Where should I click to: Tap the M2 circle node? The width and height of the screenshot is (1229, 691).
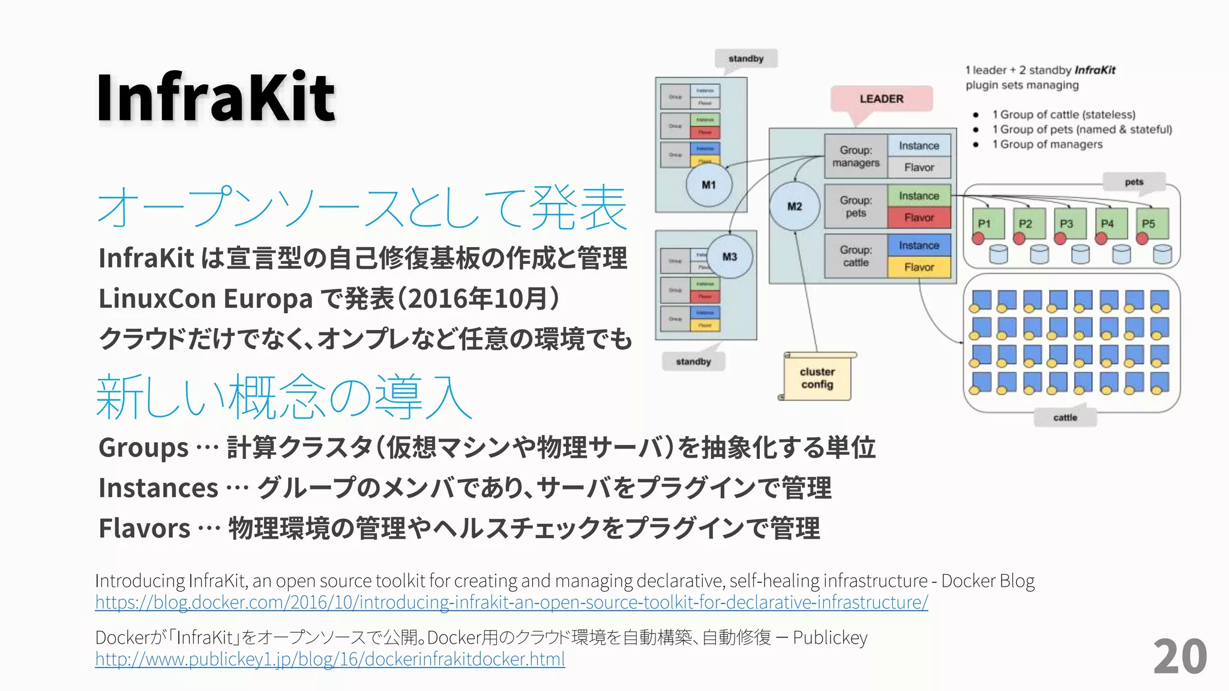pos(795,206)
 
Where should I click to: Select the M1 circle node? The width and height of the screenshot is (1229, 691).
pos(709,185)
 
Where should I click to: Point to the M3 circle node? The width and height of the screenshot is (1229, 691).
pos(729,257)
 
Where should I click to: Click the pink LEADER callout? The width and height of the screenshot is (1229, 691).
pos(881,99)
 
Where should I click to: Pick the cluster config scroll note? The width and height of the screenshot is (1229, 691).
pos(817,378)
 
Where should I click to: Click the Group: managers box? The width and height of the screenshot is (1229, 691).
pos(855,157)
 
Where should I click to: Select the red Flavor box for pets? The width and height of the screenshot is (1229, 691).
pos(919,218)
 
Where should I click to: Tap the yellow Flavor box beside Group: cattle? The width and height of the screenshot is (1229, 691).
pos(919,268)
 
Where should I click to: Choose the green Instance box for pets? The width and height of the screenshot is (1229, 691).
pos(919,196)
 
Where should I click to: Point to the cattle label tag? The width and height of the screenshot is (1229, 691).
pos(1065,417)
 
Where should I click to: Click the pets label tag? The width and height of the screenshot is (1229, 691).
pos(1134,182)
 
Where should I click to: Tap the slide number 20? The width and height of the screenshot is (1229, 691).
pos(1180,657)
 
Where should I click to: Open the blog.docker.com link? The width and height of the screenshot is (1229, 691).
pos(511,602)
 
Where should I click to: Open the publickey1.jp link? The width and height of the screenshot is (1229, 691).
pos(330,659)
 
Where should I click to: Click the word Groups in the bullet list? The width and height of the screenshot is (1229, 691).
pos(143,448)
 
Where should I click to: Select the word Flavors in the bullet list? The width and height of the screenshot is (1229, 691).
pos(145,528)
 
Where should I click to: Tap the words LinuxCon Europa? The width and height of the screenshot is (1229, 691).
pos(205,299)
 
